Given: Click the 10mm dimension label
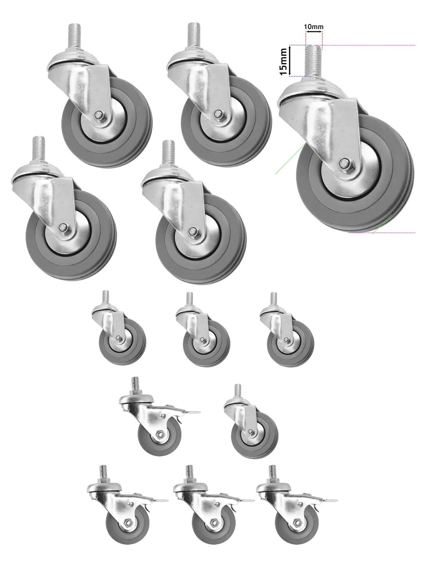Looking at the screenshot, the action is point(313,26).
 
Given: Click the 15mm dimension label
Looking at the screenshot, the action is point(284,62).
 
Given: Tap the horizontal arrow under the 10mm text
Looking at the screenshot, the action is point(314,32).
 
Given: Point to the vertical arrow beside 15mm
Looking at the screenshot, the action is point(290,61).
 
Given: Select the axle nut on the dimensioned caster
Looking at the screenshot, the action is point(344,163).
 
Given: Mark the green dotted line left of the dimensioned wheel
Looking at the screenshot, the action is point(291,158).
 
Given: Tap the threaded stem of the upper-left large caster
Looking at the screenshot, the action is point(75,36).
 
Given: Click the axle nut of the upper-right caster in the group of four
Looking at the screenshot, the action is point(218,113).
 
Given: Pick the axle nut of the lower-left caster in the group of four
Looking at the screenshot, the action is point(62,227).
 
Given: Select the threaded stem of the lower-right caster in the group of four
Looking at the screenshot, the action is point(168,153).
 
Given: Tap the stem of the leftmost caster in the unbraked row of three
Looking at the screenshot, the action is point(105,298).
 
